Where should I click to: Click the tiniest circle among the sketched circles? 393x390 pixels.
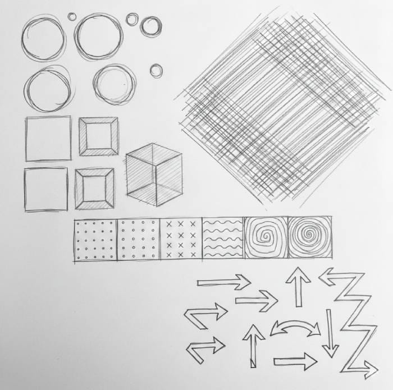[72, 16]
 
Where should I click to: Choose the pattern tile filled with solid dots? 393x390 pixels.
[95, 240]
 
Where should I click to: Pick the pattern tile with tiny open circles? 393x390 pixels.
[139, 240]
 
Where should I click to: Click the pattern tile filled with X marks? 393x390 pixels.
[181, 240]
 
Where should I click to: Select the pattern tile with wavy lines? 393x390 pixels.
[223, 240]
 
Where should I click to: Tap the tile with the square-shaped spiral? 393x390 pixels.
[266, 238]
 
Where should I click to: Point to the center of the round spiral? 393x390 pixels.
[308, 238]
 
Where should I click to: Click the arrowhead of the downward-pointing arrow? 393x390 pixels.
[330, 351]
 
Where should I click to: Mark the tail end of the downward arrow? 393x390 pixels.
[329, 311]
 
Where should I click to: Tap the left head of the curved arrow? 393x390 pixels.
[276, 331]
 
